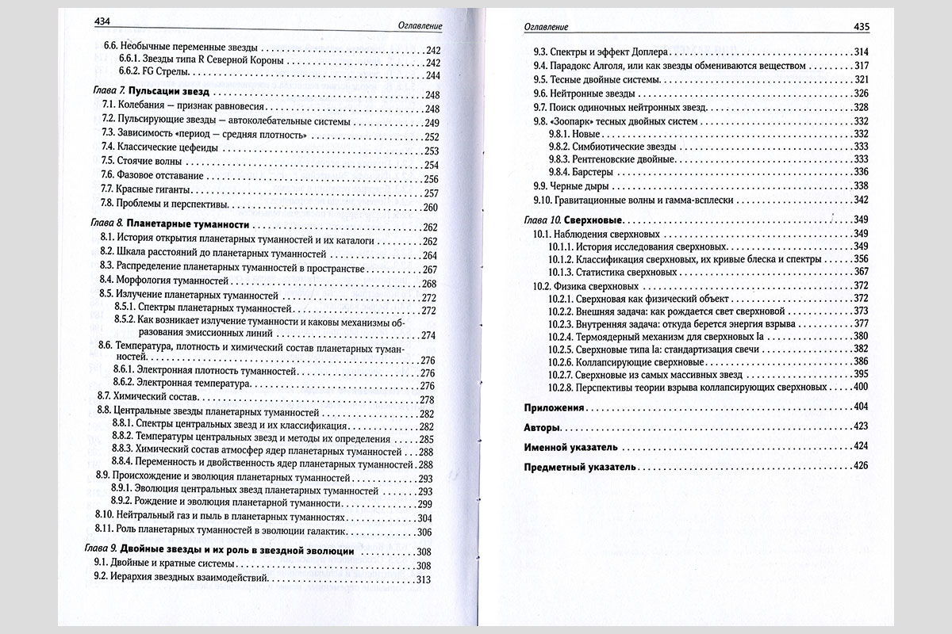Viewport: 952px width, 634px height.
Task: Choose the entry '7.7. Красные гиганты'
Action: (148, 193)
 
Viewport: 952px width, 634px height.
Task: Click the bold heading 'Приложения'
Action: (555, 407)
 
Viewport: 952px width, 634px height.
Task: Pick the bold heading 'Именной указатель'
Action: (571, 447)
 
